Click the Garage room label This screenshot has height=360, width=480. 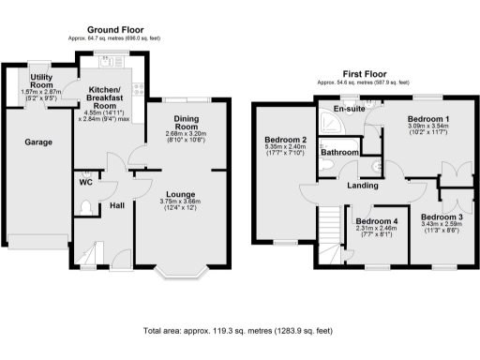tap(38, 142)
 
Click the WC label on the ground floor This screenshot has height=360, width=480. tap(83, 183)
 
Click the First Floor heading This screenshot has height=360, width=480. tap(365, 73)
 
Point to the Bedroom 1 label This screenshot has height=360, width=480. tap(427, 119)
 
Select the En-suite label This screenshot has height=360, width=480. tap(350, 110)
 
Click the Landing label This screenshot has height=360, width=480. tap(363, 184)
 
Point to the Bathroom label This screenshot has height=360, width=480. tap(339, 152)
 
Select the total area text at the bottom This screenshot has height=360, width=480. tap(238, 331)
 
